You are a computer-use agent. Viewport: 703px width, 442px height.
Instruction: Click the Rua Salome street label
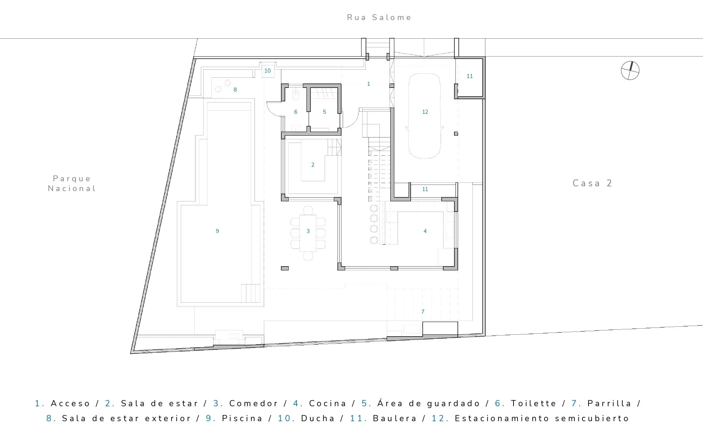pyautogui.click(x=379, y=18)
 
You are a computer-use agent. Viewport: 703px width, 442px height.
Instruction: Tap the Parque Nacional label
pyautogui.click(x=72, y=183)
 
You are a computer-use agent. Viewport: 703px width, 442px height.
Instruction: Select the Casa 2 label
pyautogui.click(x=592, y=183)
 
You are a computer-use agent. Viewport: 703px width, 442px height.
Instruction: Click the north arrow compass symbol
pyautogui.click(x=630, y=71)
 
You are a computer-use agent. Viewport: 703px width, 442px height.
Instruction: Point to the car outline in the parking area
pyautogui.click(x=425, y=116)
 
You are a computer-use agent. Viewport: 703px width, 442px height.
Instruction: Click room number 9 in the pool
pyautogui.click(x=217, y=231)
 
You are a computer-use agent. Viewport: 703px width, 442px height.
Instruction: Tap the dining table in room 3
pyautogui.click(x=308, y=233)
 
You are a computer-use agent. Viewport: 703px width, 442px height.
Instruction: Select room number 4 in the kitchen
pyautogui.click(x=425, y=231)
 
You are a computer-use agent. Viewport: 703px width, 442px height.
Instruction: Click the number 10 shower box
pyautogui.click(x=267, y=71)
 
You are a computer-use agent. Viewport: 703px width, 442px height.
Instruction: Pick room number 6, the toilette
pyautogui.click(x=296, y=112)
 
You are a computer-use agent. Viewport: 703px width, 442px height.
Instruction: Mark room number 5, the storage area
pyautogui.click(x=324, y=112)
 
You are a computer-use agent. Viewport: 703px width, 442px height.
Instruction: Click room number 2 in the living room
pyautogui.click(x=313, y=165)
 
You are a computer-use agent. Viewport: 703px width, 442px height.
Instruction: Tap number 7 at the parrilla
pyautogui.click(x=423, y=312)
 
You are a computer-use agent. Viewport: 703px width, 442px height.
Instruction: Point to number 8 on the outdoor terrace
pyautogui.click(x=235, y=90)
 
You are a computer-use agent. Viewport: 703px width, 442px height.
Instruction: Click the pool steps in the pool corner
pyautogui.click(x=251, y=293)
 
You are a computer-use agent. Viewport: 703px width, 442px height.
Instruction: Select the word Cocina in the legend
pyautogui.click(x=328, y=403)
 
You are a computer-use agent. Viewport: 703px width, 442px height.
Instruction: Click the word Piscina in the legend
pyautogui.click(x=242, y=418)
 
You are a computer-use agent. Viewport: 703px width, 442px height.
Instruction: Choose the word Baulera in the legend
pyautogui.click(x=395, y=418)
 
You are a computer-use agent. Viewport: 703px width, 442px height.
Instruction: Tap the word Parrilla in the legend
pyautogui.click(x=609, y=403)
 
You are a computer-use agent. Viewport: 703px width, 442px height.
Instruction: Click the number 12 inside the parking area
pyautogui.click(x=425, y=112)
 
